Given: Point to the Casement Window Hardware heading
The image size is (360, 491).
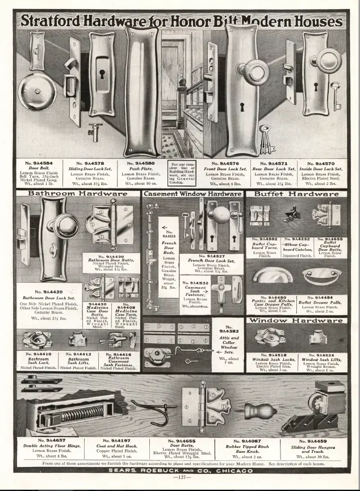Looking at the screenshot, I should pyautogui.click(x=192, y=194).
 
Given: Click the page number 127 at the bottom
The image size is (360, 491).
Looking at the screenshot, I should pyautogui.click(x=180, y=477).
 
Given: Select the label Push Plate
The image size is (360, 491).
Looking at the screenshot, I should pyautogui.click(x=140, y=169).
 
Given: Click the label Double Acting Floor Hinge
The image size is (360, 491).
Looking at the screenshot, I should pyautogui.click(x=50, y=446).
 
